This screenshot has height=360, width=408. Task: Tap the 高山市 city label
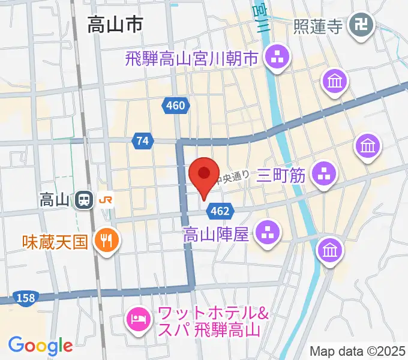click(x=115, y=25)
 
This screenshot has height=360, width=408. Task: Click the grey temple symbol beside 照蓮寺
click(x=363, y=25)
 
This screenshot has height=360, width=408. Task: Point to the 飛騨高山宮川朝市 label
click(x=191, y=59)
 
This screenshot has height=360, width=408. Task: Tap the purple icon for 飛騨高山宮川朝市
click(x=278, y=59)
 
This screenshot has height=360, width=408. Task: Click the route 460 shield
click(x=175, y=106)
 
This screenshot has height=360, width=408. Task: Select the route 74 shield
click(x=142, y=140)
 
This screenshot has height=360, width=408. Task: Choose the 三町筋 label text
click(x=281, y=175)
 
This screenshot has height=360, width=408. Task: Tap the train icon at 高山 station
click(x=83, y=199)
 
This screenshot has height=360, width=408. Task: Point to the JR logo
click(x=105, y=199)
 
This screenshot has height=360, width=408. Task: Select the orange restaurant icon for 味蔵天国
click(x=108, y=241)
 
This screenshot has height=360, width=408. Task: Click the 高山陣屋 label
click(x=216, y=233)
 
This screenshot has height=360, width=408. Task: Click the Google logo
click(x=40, y=345)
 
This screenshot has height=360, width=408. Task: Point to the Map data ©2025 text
click(x=358, y=351)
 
